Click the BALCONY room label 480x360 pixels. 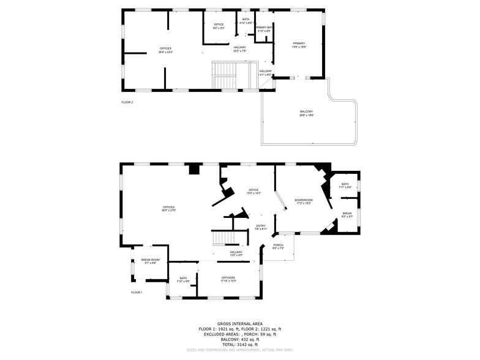tap(307, 111)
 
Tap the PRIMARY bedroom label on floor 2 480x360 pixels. tap(299, 43)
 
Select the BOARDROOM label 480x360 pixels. tap(304, 200)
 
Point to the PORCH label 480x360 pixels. tap(278, 245)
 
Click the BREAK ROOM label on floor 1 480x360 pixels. tap(150, 260)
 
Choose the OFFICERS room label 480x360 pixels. tap(228, 277)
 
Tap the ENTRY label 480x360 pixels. tap(261, 226)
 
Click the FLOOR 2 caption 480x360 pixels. tap(127, 102)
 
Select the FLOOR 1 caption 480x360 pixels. tap(137, 293)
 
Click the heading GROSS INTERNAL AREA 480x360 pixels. tap(239, 323)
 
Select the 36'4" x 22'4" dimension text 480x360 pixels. tap(165, 52)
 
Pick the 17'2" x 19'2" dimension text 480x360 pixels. tap(304, 203)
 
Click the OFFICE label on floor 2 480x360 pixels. tap(219, 24)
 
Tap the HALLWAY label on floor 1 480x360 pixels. tap(236, 252)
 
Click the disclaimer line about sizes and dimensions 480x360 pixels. tap(239, 351)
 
